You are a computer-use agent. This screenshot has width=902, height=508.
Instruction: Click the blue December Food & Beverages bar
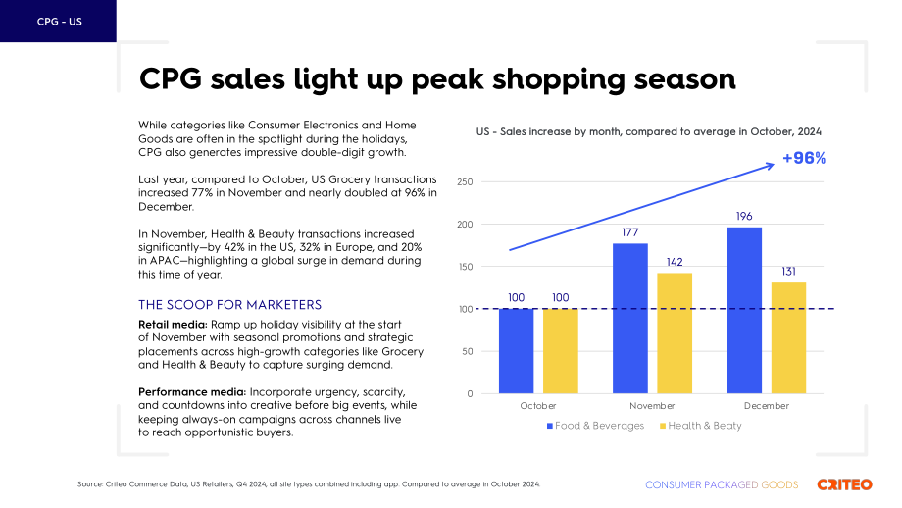[x=744, y=310]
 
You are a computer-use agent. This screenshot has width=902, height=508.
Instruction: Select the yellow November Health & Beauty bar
[x=675, y=333]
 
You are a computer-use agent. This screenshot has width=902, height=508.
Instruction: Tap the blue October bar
[x=516, y=351]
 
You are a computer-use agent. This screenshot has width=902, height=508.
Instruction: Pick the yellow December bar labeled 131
[x=788, y=337]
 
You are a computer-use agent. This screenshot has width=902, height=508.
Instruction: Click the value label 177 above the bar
[x=629, y=232]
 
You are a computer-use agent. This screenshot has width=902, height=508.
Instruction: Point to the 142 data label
[x=675, y=263]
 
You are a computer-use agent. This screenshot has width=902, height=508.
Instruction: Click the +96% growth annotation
[x=804, y=158]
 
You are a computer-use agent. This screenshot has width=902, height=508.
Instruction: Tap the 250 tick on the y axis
[x=465, y=181]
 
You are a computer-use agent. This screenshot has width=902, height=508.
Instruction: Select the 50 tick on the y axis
[x=467, y=351]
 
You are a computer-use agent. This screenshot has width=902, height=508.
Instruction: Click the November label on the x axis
[x=652, y=406]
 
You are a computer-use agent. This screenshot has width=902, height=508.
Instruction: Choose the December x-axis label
[x=767, y=406]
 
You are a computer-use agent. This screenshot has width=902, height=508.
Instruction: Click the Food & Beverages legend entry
[x=595, y=426]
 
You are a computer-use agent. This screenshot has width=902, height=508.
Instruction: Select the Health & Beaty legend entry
[x=701, y=426]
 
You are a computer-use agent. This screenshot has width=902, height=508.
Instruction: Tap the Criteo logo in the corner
[x=844, y=484]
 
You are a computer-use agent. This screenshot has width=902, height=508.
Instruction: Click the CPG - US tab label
[x=59, y=22]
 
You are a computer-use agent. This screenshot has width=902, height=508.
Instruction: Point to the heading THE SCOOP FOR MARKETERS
[x=229, y=305]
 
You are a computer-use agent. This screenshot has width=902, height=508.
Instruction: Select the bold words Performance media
[x=192, y=392]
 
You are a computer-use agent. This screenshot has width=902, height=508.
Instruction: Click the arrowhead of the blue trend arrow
[x=771, y=166]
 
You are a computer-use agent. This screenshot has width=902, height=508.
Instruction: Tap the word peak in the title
[x=447, y=79]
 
